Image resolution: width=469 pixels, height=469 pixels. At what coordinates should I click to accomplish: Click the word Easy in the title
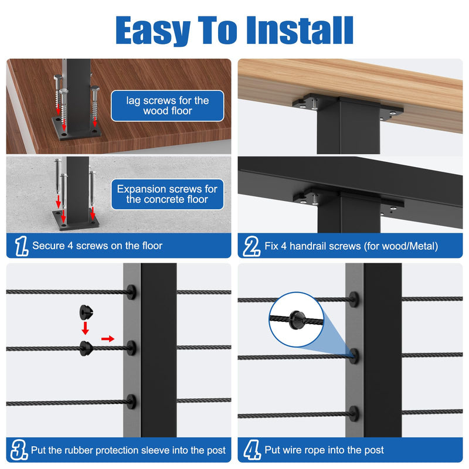[153, 30]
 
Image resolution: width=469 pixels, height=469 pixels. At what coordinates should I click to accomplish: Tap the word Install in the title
[300, 30]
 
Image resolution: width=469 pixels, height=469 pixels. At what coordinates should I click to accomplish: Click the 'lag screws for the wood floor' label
[168, 106]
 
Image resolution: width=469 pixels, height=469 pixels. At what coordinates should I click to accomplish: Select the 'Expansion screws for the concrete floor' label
[168, 194]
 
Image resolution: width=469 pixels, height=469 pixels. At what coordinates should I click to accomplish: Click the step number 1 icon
[22, 246]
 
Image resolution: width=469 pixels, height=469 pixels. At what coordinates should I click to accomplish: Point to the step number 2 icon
[252, 246]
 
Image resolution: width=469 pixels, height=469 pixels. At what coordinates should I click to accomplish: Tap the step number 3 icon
[19, 450]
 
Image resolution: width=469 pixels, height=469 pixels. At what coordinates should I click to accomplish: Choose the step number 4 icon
[252, 450]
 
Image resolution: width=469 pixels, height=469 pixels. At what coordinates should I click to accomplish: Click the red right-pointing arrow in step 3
[108, 339]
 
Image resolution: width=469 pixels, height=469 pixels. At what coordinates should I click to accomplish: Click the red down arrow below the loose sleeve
[85, 328]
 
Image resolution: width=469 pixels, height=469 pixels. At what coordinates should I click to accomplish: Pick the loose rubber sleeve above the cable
[86, 312]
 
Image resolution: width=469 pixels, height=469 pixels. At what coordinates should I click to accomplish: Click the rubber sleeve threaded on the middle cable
[86, 348]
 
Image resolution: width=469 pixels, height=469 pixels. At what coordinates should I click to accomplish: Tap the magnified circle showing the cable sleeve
[296, 320]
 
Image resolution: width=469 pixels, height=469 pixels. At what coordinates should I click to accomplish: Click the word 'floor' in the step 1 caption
[152, 246]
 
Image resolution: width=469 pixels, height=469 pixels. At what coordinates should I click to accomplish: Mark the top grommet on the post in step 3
[131, 292]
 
